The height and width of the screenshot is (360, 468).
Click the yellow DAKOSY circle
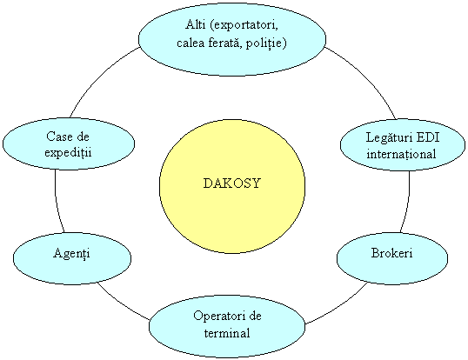click(232, 187)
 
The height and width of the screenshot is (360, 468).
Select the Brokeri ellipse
click(392, 258)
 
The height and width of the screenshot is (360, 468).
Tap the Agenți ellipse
click(72, 258)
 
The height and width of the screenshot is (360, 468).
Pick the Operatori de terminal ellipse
click(227, 326)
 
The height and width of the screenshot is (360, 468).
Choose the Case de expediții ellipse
click(69, 143)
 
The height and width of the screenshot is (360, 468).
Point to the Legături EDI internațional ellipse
click(403, 145)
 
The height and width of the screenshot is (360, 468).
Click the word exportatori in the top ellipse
click(244, 24)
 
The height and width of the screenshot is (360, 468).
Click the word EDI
click(428, 137)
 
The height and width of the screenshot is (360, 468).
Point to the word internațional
click(401, 154)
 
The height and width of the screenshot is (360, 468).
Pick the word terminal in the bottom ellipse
click(227, 333)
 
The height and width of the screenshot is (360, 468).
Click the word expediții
click(68, 152)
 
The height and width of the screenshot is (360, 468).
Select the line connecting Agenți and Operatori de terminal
click(123, 303)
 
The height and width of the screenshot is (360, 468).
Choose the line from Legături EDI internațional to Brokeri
click(407, 203)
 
